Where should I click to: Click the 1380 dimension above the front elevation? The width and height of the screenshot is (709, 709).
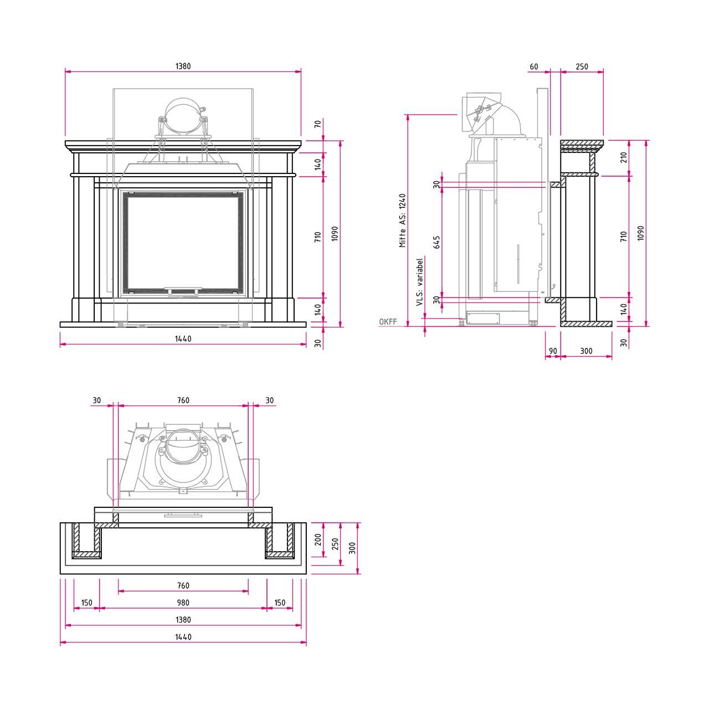[x=183, y=66]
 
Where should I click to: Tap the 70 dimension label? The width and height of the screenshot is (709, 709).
[x=318, y=124]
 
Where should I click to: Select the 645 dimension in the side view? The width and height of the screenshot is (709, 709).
[x=436, y=242]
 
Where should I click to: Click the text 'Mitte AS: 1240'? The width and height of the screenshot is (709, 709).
[x=403, y=220]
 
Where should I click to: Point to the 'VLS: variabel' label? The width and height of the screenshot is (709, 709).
[x=420, y=282]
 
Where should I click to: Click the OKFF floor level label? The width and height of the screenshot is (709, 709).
[x=388, y=322]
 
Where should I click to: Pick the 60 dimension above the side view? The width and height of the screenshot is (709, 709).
[x=533, y=66]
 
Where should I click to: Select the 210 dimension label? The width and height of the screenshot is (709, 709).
[x=624, y=157]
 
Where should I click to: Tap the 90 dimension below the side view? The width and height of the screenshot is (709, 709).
[x=553, y=351]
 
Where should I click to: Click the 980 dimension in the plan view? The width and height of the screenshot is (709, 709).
[x=183, y=603]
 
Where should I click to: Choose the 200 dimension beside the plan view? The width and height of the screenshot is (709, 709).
[x=318, y=540]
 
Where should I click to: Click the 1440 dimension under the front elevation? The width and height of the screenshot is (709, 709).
[x=183, y=338]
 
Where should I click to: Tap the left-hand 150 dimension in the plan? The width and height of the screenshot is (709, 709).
[x=86, y=603]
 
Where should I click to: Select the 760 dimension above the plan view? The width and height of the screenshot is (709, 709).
[x=183, y=400]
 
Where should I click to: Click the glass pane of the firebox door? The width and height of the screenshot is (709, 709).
[x=183, y=243]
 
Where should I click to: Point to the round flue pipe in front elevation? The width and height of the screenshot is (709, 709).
[x=183, y=115]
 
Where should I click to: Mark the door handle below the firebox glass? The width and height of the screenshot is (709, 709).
[x=183, y=291]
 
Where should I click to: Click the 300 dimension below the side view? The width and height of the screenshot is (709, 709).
[x=586, y=351]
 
